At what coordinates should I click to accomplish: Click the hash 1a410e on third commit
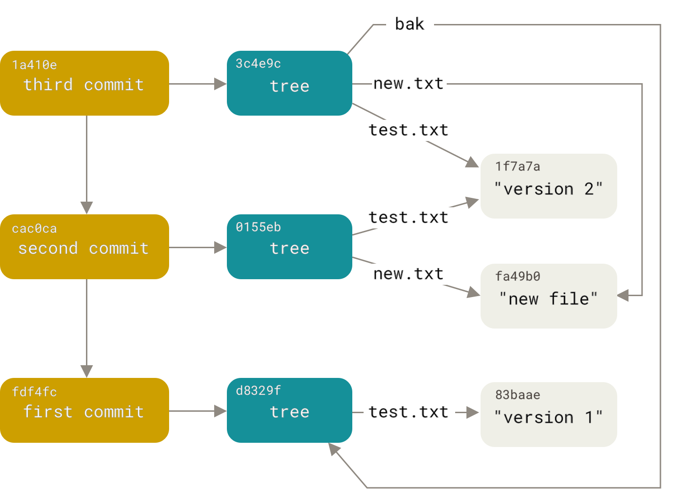tap(34, 65)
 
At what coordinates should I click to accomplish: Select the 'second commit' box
tap(85, 247)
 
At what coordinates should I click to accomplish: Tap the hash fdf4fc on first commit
tap(34, 392)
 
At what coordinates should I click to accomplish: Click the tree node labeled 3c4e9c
tap(289, 84)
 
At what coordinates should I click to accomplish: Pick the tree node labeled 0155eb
tap(289, 247)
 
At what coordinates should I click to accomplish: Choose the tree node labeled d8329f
tap(289, 410)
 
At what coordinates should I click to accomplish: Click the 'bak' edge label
tap(410, 24)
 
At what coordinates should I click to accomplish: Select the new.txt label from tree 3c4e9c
tap(409, 84)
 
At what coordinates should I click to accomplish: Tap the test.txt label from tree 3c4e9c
tap(409, 130)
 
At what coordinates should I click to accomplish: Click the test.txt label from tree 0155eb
tap(409, 218)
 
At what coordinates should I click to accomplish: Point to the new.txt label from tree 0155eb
tap(409, 274)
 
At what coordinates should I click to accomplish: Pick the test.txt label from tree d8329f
tap(409, 412)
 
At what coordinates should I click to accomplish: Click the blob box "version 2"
tap(548, 186)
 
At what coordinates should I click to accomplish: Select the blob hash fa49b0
tap(518, 276)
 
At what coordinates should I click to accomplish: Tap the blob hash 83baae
tap(518, 395)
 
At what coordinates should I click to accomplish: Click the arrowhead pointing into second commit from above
tap(87, 207)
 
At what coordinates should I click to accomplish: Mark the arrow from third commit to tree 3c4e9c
tap(197, 84)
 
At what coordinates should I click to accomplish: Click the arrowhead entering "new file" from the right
tap(623, 296)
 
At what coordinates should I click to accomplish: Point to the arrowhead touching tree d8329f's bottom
tap(334, 449)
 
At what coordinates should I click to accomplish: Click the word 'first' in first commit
tap(48, 412)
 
